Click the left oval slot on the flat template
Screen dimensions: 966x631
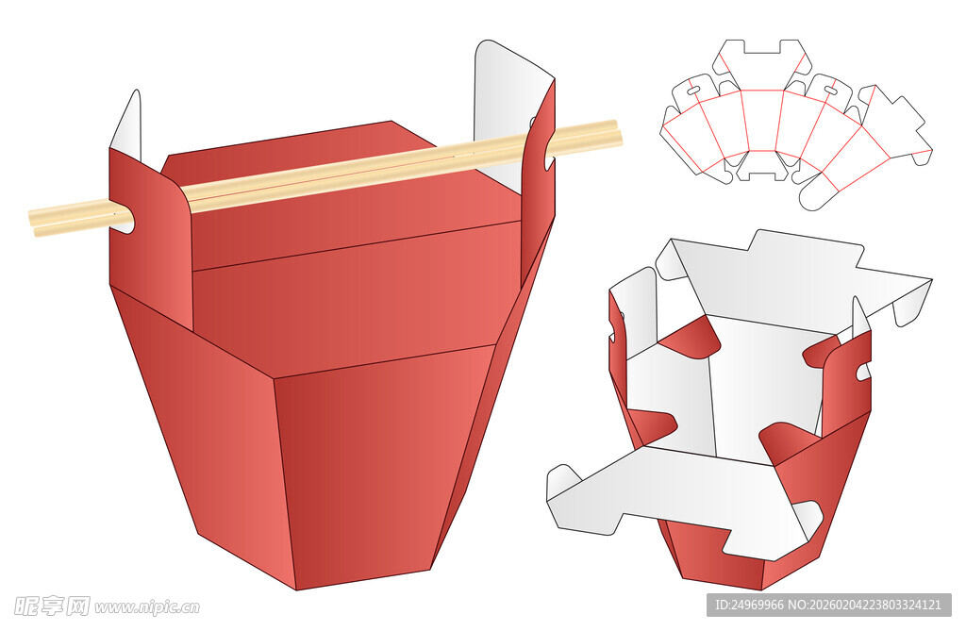[693, 91]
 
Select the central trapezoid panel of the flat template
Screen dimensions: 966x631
[762, 121]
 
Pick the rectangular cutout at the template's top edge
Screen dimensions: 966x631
[762, 47]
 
